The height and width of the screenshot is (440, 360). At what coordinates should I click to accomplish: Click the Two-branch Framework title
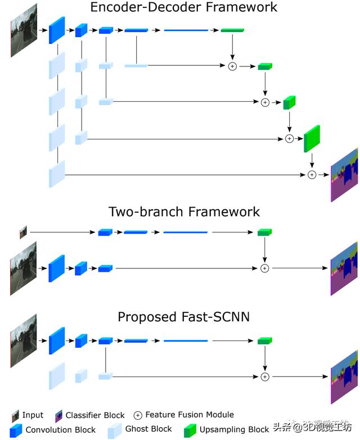(184, 212)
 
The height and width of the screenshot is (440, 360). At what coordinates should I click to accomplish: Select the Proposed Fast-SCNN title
(184, 317)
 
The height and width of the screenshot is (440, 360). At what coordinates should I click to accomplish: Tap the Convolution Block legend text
(60, 429)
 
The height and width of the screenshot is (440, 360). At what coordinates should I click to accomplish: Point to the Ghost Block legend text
(149, 429)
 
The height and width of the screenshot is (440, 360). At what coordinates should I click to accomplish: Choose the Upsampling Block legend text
(235, 429)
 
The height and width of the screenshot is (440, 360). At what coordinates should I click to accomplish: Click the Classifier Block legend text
(95, 415)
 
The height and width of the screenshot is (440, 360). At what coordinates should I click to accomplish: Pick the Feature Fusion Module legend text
(190, 415)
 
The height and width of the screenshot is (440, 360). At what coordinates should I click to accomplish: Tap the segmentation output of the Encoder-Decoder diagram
(344, 175)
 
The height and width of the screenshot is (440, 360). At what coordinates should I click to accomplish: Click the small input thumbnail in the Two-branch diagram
(23, 231)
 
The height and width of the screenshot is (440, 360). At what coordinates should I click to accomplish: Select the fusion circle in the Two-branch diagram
(265, 268)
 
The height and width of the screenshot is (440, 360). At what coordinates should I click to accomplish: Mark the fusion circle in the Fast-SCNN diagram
(265, 376)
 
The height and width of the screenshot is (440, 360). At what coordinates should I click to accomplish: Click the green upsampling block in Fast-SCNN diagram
(265, 341)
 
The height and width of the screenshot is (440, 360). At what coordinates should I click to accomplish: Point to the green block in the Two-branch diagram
(265, 232)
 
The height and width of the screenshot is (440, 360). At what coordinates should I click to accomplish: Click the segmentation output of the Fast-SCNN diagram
(344, 376)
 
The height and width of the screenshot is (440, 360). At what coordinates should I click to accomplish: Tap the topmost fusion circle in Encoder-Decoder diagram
(232, 66)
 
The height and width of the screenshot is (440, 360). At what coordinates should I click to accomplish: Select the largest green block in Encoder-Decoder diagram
(312, 138)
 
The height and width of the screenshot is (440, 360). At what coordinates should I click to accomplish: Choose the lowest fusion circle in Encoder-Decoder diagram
(312, 175)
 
